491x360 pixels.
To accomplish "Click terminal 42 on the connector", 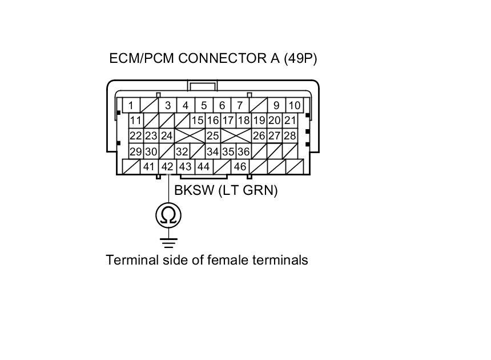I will tap(167, 167).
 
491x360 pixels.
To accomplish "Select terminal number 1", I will tap(131, 105).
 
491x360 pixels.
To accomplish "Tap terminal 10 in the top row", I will tap(294, 105).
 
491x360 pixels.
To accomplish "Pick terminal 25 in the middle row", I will tap(213, 136).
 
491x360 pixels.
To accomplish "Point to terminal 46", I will tap(240, 167).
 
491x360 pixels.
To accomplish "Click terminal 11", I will tap(135, 121).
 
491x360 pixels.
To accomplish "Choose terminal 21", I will tap(290, 121).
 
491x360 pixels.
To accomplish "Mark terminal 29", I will tap(135, 151).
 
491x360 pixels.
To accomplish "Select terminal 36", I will tap(243, 151).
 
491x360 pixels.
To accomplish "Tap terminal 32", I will tap(182, 151).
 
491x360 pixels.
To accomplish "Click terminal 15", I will tap(197, 121).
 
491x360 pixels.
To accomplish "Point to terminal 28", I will tap(290, 136).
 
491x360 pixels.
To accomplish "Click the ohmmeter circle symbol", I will tap(168, 215).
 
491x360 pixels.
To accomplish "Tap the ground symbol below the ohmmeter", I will tap(168, 242).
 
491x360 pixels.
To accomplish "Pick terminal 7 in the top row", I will tap(240, 105).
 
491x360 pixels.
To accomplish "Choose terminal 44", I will tap(203, 167).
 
